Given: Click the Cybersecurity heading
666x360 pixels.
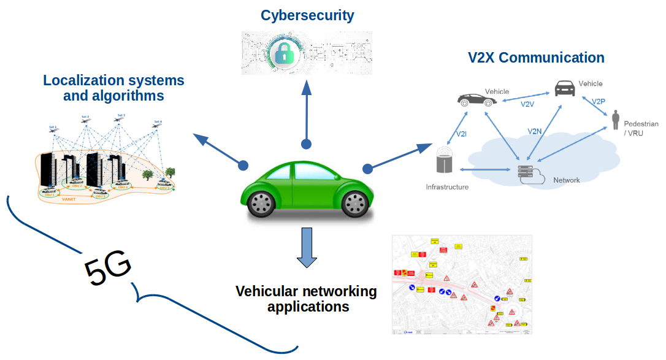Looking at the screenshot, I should click(x=307, y=15).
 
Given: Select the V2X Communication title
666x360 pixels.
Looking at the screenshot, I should click(x=536, y=58).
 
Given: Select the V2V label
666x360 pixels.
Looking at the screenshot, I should click(x=528, y=104).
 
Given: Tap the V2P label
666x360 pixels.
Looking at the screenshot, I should click(x=599, y=101).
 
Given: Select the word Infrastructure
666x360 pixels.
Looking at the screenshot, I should click(x=447, y=186).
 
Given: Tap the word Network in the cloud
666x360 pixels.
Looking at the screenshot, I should click(x=566, y=180).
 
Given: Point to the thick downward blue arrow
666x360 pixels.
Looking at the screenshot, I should click(x=307, y=247).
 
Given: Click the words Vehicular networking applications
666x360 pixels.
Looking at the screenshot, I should click(x=307, y=298).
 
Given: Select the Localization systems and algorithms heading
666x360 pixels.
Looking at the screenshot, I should click(x=114, y=88).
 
